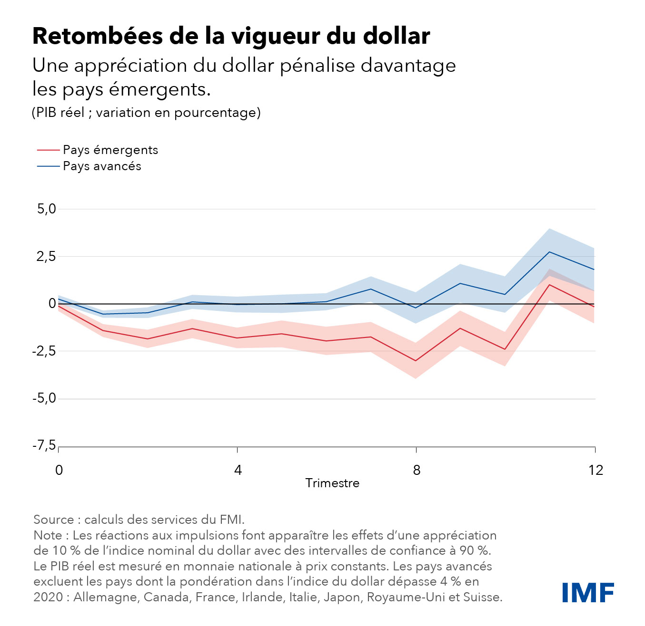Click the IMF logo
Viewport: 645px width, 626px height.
point(588,592)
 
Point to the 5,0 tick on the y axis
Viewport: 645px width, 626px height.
point(47,209)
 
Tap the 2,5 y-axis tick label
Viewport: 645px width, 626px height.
point(47,256)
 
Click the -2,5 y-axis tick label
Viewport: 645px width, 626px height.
point(44,351)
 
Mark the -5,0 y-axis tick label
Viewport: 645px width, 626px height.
point(44,398)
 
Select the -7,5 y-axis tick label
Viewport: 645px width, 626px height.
point(44,445)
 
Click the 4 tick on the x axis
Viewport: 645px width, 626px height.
point(238,470)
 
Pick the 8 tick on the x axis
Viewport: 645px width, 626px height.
point(417,470)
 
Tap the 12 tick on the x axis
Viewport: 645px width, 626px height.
point(595,470)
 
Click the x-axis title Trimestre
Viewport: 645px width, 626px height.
point(332,483)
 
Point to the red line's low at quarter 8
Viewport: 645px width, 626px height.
point(416,361)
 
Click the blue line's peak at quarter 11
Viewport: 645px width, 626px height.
point(549,252)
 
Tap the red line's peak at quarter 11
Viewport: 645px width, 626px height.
point(549,285)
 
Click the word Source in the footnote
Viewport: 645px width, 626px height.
point(54,520)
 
